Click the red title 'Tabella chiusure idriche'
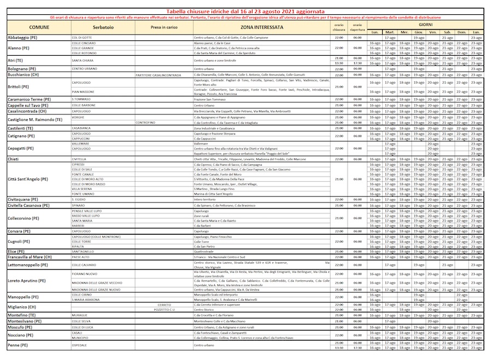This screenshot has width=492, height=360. click(x=245, y=11)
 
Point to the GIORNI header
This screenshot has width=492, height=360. click(x=425, y=25)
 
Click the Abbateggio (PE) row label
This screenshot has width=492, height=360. click(x=22, y=37)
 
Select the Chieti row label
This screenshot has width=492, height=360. click(x=14, y=159)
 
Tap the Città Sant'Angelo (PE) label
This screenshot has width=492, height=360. click(x=28, y=179)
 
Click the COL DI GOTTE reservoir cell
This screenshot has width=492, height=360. click(x=82, y=37)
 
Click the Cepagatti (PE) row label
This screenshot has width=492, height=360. click(x=21, y=148)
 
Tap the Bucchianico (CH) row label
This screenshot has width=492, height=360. click(x=22, y=74)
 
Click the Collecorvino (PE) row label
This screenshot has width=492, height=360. click(x=23, y=218)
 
